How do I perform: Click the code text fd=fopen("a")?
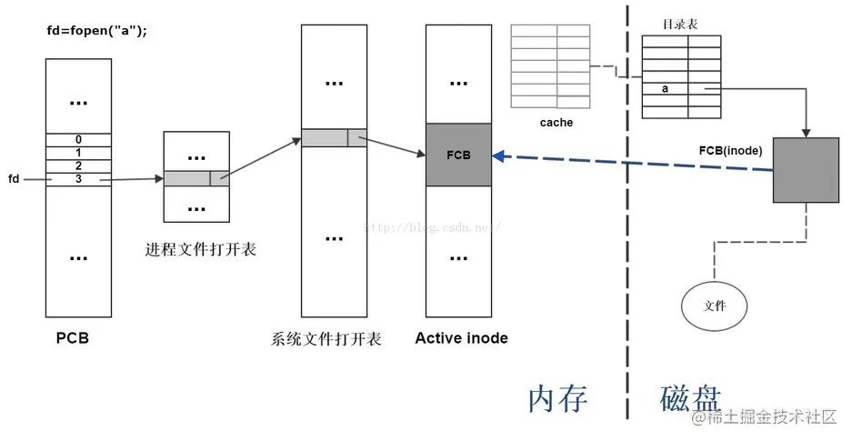pyautogui.click(x=96, y=31)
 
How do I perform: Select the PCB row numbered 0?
pyautogui.click(x=78, y=139)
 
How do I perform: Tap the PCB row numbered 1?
pyautogui.click(x=78, y=152)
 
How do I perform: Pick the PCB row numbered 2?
pyautogui.click(x=78, y=165)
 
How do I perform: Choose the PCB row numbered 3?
pyautogui.click(x=78, y=179)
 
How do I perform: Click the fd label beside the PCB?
pyautogui.click(x=13, y=179)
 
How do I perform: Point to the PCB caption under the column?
pyautogui.click(x=72, y=339)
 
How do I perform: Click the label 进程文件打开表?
pyautogui.click(x=200, y=248)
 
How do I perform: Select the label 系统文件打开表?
pyautogui.click(x=326, y=339)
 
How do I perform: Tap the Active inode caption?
pyautogui.click(x=461, y=338)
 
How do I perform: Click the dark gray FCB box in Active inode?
pyautogui.click(x=458, y=155)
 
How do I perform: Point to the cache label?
pyautogui.click(x=555, y=122)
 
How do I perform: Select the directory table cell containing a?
pyautogui.click(x=665, y=89)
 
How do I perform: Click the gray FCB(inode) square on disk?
pyautogui.click(x=806, y=170)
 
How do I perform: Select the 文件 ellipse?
pyautogui.click(x=716, y=306)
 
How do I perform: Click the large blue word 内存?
pyautogui.click(x=558, y=398)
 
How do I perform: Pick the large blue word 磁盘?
pyautogui.click(x=690, y=398)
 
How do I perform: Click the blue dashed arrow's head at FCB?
pyautogui.click(x=497, y=156)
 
